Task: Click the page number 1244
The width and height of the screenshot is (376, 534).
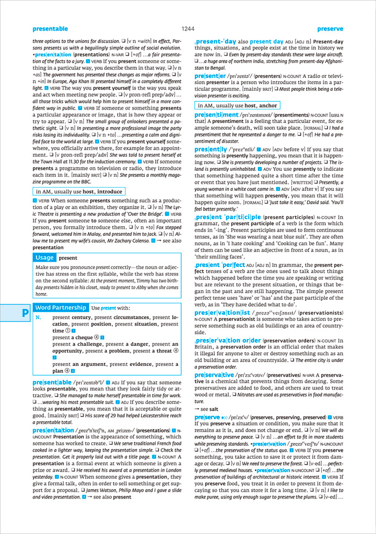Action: tap(187, 28)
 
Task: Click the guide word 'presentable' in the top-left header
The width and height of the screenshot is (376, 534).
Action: tap(50, 28)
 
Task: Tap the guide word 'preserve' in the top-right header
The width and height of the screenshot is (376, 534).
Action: tap(330, 28)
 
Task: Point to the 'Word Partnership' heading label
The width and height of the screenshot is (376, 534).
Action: tap(61, 307)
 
